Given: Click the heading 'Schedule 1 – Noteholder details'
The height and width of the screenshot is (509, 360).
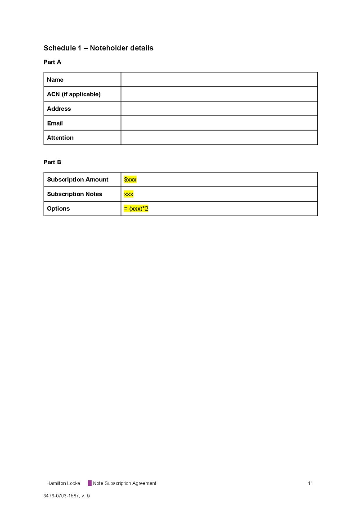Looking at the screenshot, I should [98, 48].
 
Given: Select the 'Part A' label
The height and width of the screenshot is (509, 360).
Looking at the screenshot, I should [52, 62].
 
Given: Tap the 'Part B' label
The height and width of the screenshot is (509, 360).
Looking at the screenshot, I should [52, 162].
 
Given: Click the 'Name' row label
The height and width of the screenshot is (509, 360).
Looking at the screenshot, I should [55, 80].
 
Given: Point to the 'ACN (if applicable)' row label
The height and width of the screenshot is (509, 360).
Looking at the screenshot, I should [73, 94].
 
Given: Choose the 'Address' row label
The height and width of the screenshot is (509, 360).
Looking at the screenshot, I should [59, 108].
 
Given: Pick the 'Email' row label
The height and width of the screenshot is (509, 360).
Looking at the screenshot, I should [55, 123].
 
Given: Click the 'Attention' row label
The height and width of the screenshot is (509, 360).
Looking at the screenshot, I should [60, 138].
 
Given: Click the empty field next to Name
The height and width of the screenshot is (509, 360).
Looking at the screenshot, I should [219, 80].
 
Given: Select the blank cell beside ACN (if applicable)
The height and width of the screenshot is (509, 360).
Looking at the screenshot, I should [219, 94].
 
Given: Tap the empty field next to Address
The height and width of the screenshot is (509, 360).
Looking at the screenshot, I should [219, 108].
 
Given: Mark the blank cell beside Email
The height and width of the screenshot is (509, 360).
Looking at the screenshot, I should [219, 123].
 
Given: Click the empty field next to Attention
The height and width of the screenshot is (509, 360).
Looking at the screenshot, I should [219, 138].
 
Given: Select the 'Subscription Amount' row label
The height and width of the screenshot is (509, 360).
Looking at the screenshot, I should [77, 180].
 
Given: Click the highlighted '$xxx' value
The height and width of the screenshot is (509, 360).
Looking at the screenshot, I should [130, 180].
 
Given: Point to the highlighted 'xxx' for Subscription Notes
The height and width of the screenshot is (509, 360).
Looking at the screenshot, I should [129, 194].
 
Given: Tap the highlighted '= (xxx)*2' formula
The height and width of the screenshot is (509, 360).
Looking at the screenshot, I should [136, 208].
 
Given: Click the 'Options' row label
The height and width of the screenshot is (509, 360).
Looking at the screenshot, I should [58, 208].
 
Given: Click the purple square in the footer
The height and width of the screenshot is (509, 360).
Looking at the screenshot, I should [90, 483].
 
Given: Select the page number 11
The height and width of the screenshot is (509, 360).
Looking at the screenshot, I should [310, 483].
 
